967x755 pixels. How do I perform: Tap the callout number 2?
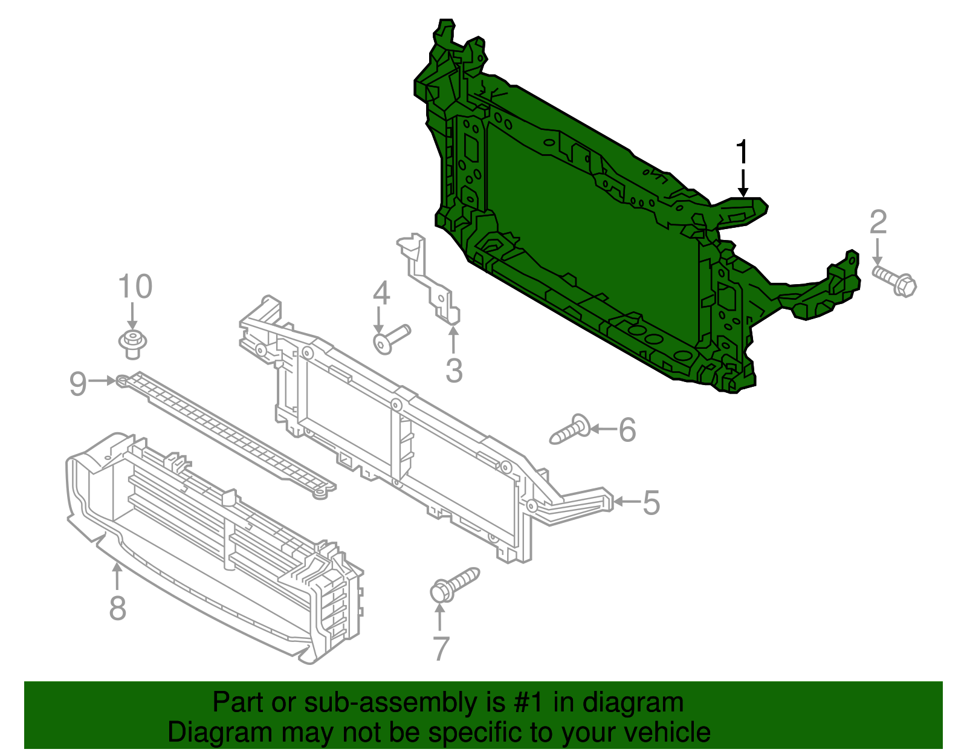(878, 222)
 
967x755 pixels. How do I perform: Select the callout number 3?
(454, 370)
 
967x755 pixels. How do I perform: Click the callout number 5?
(651, 502)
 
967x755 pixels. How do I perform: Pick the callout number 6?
(627, 430)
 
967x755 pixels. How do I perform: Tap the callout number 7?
(441, 649)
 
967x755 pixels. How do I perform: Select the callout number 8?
(118, 608)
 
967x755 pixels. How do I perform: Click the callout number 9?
(78, 383)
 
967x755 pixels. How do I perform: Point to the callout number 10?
(135, 287)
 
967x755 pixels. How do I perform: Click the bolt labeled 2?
(894, 282)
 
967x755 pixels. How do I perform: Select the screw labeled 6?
(570, 430)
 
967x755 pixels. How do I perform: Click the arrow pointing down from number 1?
(743, 182)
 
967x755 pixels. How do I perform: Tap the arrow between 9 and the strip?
(101, 381)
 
